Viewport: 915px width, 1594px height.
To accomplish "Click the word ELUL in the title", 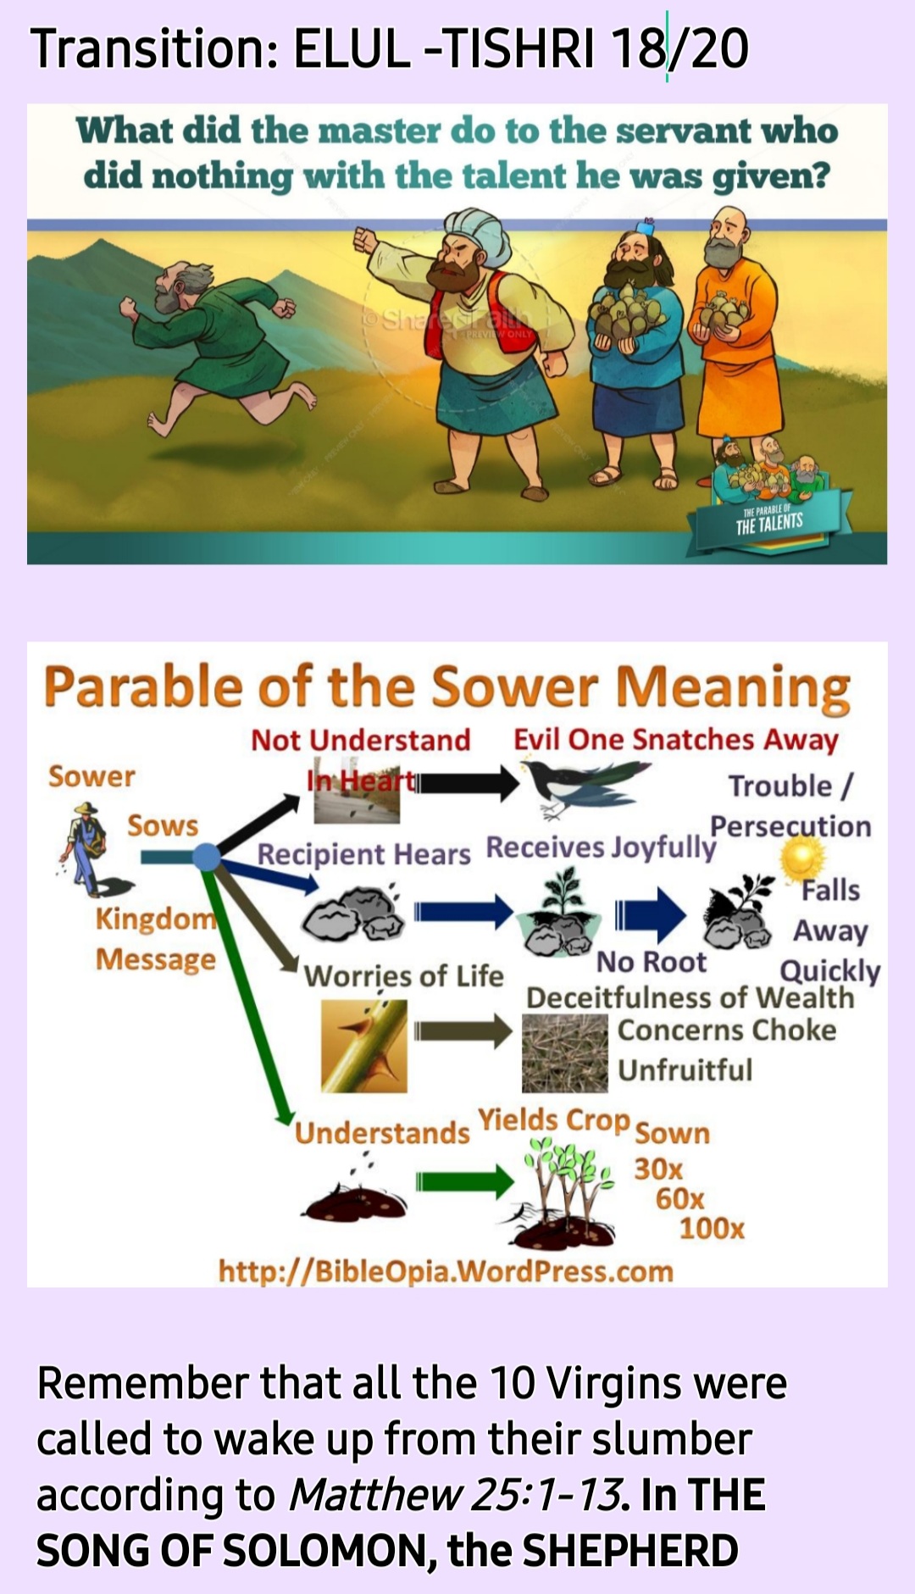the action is point(351,48).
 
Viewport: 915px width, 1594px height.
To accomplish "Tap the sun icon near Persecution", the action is point(801,858).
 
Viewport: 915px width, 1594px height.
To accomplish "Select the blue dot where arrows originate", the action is point(206,857).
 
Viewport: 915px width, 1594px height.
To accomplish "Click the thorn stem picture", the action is point(364,1046).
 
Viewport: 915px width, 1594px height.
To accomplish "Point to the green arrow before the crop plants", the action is point(465,1180).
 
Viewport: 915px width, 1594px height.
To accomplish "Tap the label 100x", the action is point(712,1228).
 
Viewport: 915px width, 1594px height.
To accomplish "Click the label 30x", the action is point(658,1169).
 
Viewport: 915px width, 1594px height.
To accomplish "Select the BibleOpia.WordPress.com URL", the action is point(446,1271).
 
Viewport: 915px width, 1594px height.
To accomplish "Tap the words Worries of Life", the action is point(403,976).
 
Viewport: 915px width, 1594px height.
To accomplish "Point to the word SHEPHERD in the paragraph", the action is point(630,1550).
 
